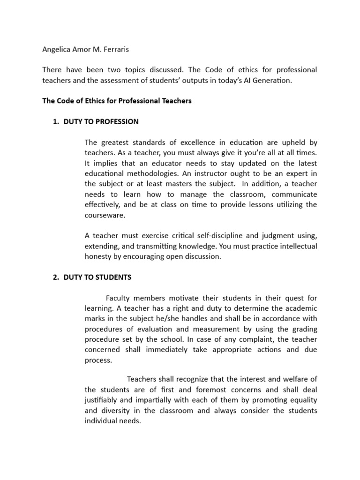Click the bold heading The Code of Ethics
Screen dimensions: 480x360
(117, 101)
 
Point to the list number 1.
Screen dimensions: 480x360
(57, 121)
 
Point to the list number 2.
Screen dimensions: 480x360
(57, 277)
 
